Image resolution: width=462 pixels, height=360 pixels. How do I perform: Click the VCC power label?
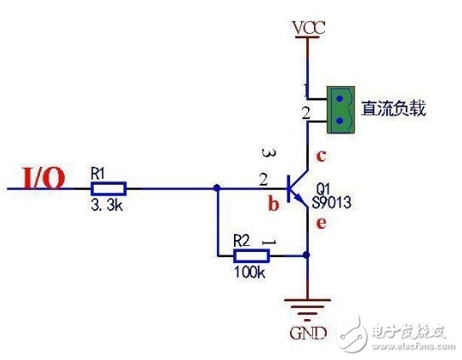(x=309, y=28)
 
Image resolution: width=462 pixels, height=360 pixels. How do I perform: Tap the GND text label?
(x=308, y=334)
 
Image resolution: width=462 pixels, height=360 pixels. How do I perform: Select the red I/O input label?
(x=43, y=178)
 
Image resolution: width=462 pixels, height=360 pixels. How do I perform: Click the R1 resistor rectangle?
(x=108, y=189)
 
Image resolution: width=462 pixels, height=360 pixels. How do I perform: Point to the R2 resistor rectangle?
(x=251, y=256)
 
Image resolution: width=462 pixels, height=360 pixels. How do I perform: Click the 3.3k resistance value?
(x=106, y=205)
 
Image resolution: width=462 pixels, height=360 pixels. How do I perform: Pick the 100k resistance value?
(x=249, y=272)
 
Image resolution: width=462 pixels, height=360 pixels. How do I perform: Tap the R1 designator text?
(x=98, y=173)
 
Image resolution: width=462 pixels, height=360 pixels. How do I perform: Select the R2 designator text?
(x=242, y=241)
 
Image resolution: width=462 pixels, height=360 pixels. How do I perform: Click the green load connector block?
(x=340, y=110)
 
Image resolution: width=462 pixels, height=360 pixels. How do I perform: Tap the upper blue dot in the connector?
(x=339, y=98)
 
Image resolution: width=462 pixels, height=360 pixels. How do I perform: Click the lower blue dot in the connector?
(x=339, y=121)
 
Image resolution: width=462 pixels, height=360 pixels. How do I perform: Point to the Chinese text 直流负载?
(x=394, y=108)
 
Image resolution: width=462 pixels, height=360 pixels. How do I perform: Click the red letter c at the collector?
(x=321, y=156)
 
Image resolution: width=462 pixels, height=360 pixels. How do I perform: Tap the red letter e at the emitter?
(x=321, y=223)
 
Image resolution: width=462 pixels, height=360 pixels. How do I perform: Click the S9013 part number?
(x=332, y=203)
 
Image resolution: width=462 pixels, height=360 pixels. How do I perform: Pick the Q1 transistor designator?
(x=323, y=188)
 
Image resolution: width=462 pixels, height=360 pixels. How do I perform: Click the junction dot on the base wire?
(x=217, y=188)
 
